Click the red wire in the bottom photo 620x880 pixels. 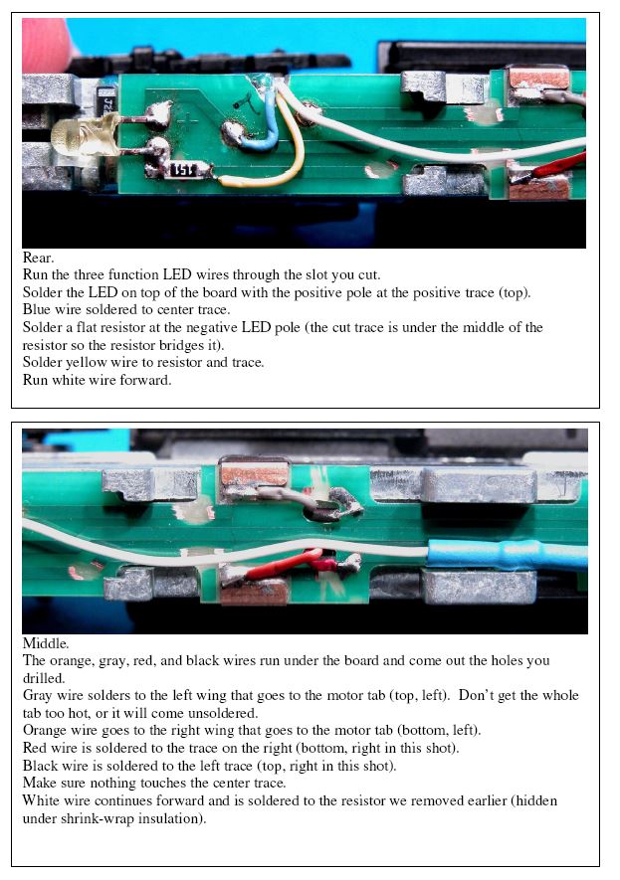tap(287, 564)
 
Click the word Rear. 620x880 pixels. tap(38, 258)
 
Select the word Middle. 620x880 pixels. tap(46, 643)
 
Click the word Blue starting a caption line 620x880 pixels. tap(37, 310)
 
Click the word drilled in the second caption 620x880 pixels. tap(43, 678)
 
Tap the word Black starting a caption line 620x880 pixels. tap(39, 766)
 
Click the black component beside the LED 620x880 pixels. tap(106, 101)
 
